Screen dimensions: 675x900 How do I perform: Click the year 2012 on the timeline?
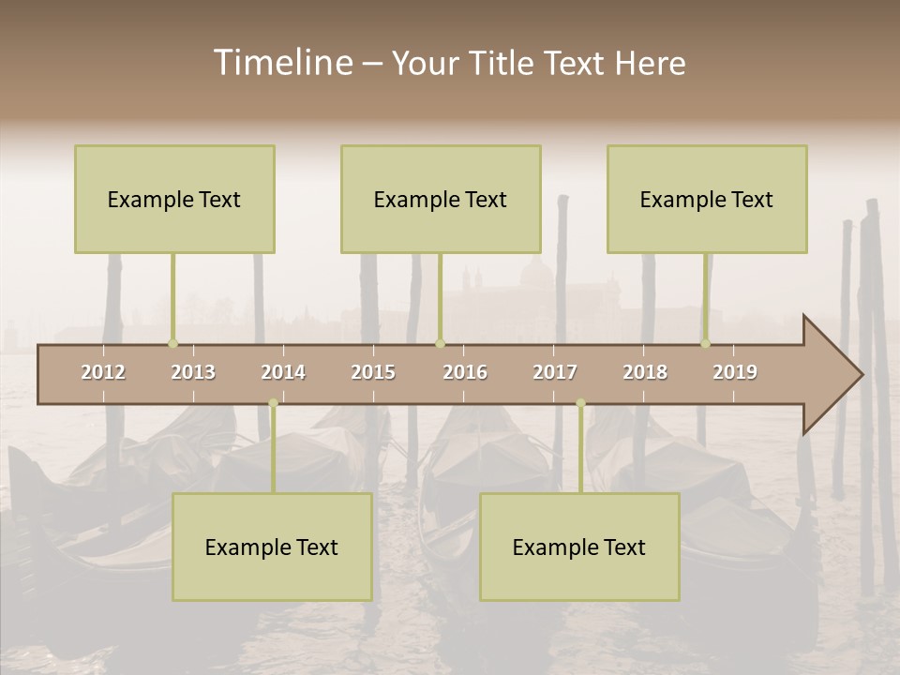click(103, 372)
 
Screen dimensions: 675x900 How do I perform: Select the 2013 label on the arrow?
click(193, 372)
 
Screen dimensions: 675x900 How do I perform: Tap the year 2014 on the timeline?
click(283, 372)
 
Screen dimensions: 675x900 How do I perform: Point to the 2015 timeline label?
click(373, 372)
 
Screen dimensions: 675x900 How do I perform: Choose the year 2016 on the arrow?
click(465, 372)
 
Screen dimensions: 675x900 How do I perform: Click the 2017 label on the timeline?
click(555, 372)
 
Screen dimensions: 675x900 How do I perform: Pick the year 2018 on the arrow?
click(645, 372)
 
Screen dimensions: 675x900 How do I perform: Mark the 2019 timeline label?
click(735, 372)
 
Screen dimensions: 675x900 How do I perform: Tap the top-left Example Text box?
click(174, 199)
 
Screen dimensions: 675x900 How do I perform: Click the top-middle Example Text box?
click(441, 199)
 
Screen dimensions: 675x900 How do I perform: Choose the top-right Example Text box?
click(707, 199)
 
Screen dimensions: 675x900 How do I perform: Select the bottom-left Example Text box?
click(272, 547)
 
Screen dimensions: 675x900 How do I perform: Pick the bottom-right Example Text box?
click(579, 547)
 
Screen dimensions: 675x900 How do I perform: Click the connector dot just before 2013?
click(172, 344)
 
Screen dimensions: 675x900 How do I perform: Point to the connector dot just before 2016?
click(441, 344)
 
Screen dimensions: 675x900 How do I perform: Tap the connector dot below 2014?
click(273, 403)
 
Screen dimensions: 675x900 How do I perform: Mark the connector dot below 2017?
click(580, 403)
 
